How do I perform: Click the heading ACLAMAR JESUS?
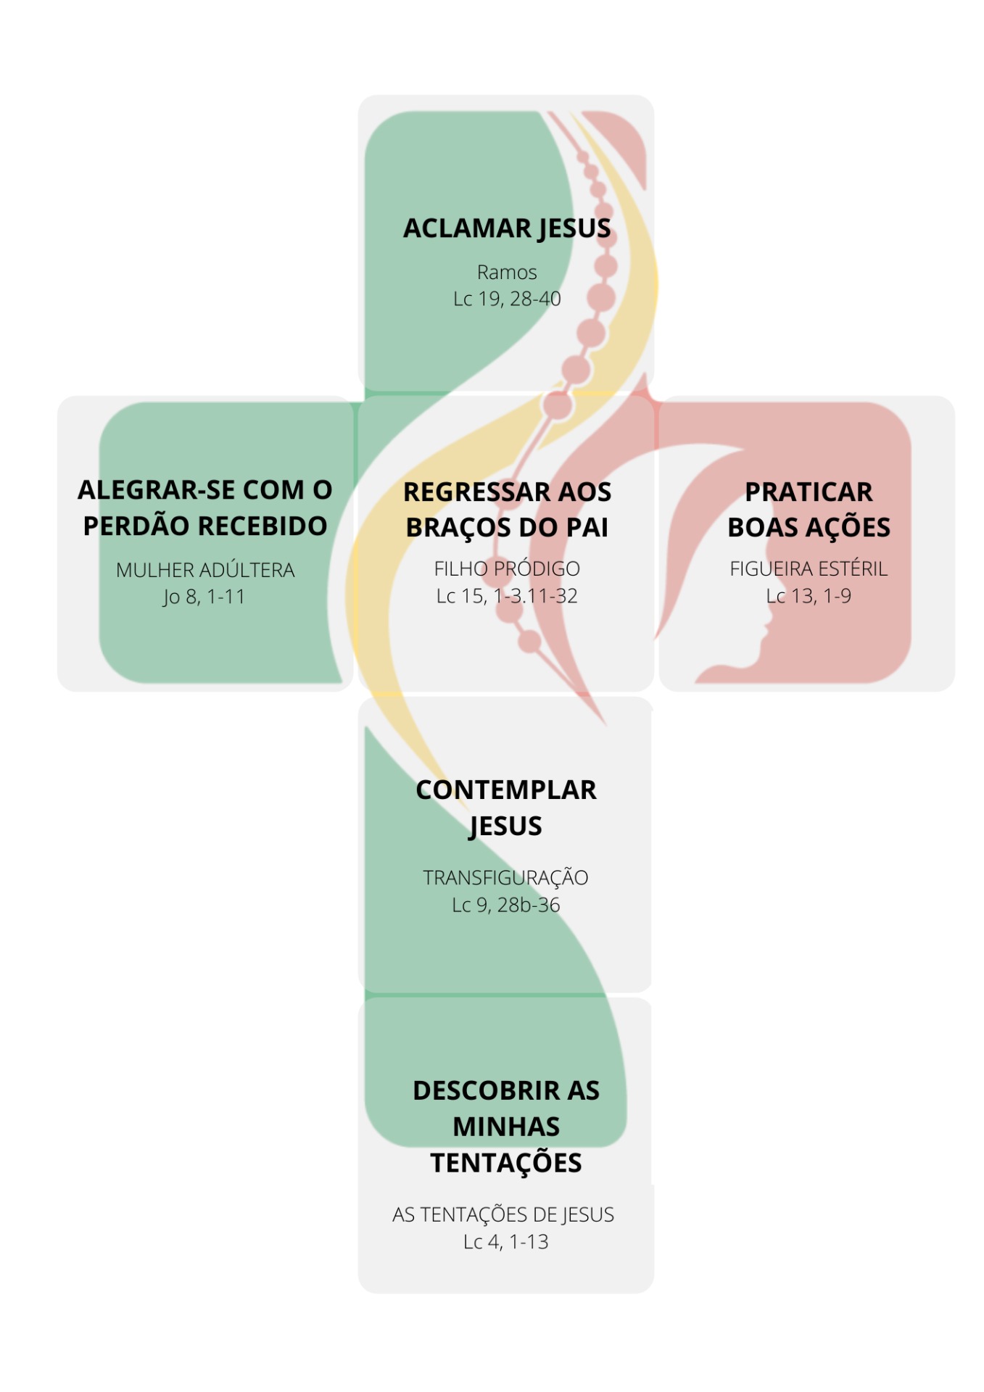[x=507, y=228]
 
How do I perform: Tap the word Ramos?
[x=507, y=273]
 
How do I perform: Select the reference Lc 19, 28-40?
[x=507, y=299]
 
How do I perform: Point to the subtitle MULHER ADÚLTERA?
[x=205, y=570]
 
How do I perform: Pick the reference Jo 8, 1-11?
[x=204, y=597]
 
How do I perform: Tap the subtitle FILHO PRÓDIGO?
[x=507, y=569]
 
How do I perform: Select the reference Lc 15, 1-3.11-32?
[x=507, y=596]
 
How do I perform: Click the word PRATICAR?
[x=809, y=492]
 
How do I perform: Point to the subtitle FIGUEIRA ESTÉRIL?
[x=809, y=569]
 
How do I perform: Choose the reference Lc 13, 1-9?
[x=809, y=596]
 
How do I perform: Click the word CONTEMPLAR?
[x=506, y=790]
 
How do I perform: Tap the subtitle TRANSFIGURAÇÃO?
[x=505, y=877]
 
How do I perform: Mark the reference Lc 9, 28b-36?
[x=506, y=905]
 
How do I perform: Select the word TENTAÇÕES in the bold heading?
[x=506, y=1163]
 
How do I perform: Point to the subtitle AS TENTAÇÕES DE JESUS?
[x=503, y=1214]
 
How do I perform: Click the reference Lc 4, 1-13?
[x=506, y=1242]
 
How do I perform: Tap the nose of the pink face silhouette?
[x=767, y=629]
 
